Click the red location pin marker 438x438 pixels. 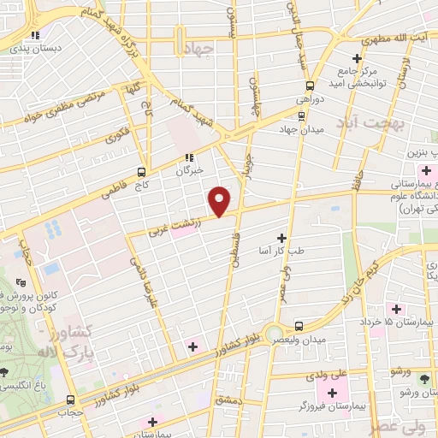221,200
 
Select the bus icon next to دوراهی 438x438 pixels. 310,86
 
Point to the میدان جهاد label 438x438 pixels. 298,129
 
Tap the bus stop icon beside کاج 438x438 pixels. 141,171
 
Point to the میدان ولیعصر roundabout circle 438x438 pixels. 274,333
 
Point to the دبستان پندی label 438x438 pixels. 38,50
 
